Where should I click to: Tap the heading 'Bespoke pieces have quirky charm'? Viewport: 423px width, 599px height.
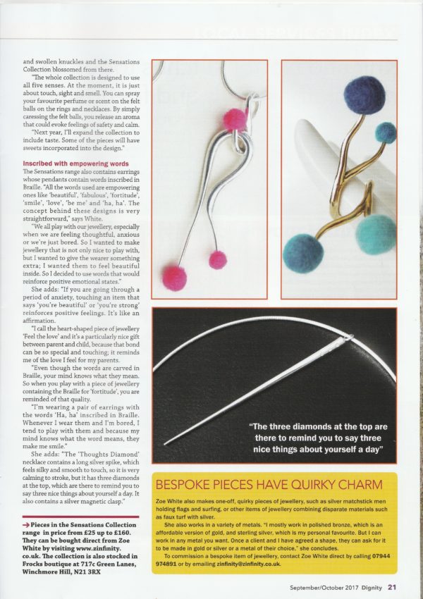(269, 486)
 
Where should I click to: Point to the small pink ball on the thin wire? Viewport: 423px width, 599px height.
(218, 260)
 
